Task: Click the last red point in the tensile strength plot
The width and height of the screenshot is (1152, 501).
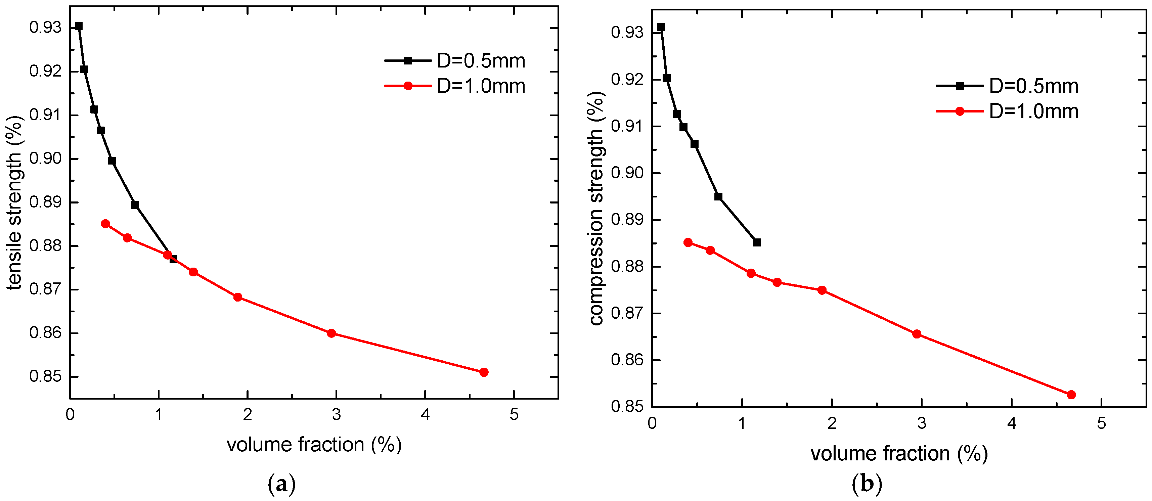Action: (x=483, y=372)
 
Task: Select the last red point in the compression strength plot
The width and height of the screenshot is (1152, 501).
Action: (x=1071, y=395)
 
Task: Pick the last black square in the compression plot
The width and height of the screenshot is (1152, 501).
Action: (x=757, y=242)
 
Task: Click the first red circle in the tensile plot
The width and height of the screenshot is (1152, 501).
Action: (x=105, y=224)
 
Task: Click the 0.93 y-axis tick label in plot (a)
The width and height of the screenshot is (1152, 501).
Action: (x=45, y=28)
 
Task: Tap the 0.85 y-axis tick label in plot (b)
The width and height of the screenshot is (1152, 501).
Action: (x=627, y=407)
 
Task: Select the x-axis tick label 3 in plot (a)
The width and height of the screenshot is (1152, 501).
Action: (x=336, y=414)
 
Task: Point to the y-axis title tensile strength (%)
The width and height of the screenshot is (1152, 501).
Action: (x=14, y=203)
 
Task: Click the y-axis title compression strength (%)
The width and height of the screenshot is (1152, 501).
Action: (x=596, y=208)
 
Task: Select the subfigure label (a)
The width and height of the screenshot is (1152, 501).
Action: (x=282, y=484)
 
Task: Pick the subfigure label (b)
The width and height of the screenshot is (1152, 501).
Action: (x=867, y=484)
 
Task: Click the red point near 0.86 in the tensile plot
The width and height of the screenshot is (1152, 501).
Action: (x=331, y=333)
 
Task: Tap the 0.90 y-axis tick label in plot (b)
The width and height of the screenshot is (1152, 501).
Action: (x=627, y=173)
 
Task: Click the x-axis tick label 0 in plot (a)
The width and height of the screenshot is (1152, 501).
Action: (x=70, y=414)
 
